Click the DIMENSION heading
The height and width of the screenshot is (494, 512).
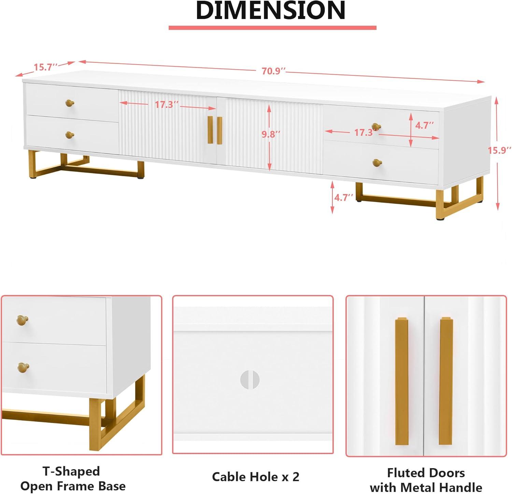tap(271, 10)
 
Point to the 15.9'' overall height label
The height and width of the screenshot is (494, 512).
tap(499, 150)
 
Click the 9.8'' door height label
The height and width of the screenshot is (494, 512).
tap(271, 134)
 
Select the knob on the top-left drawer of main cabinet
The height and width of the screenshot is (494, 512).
tap(70, 103)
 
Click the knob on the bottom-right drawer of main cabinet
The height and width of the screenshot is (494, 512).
tap(377, 163)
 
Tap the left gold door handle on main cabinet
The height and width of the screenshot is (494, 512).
tap(210, 130)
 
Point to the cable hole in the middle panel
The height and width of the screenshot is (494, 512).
tap(250, 379)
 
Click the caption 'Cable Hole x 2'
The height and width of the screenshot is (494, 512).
tap(256, 477)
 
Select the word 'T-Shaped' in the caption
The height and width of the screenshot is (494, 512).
tap(71, 471)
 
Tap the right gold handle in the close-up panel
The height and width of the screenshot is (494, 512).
tap(446, 381)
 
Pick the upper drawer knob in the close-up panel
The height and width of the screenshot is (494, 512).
tap(23, 320)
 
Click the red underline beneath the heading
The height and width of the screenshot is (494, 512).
tap(272, 28)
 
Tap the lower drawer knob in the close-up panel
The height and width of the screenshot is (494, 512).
tap(23, 367)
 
